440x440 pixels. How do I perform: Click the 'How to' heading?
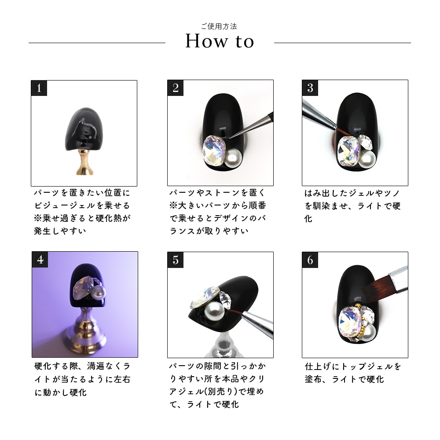pos(220,41)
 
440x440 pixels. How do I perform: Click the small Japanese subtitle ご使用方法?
pos(219,26)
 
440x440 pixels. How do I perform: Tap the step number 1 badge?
pos(39,88)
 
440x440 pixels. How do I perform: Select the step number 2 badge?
pos(176,88)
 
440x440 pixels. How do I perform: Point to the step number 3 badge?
pos(310,88)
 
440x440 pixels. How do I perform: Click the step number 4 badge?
pos(40,260)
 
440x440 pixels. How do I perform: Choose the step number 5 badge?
pos(176,260)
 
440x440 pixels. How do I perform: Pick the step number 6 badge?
pos(310,260)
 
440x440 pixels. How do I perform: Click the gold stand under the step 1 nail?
pos(84,162)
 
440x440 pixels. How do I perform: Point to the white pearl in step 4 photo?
pos(99,292)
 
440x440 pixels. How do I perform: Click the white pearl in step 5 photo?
pos(214,311)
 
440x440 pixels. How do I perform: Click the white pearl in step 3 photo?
pos(367,159)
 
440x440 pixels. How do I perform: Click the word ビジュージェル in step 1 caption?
pos(65,205)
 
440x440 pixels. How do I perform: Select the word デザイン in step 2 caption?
pos(232,218)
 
